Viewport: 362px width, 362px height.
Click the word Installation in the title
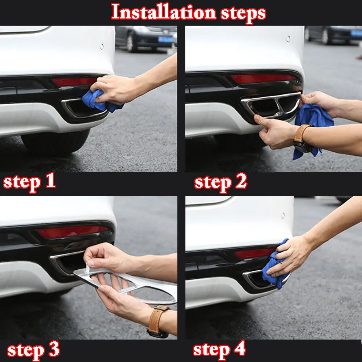(164, 12)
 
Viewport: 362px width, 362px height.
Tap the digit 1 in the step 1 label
(51, 180)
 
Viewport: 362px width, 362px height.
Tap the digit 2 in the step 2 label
(241, 181)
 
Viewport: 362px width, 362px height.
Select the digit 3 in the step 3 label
(54, 349)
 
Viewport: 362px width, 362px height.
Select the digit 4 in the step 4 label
(240, 348)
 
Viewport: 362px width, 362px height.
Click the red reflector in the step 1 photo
(74, 82)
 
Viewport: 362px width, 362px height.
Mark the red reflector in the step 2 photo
(263, 79)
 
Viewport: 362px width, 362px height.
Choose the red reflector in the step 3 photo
(72, 232)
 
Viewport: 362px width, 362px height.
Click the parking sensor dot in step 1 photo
(102, 47)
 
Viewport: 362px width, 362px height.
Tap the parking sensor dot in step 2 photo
(289, 39)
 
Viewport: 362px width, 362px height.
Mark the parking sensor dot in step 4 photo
(283, 215)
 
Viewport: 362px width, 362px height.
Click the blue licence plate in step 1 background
(165, 39)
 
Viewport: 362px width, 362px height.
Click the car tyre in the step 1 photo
(55, 143)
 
